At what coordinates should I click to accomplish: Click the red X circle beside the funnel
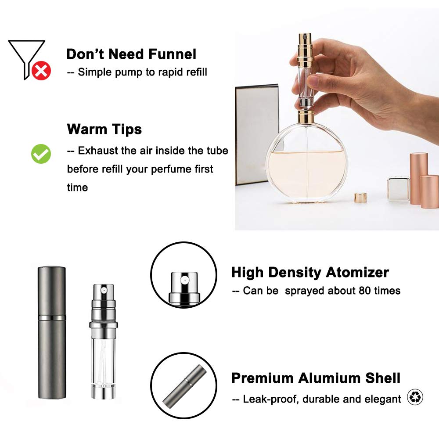pyautogui.click(x=41, y=71)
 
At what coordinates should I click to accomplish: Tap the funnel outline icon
pyautogui.click(x=25, y=55)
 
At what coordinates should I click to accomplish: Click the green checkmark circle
pyautogui.click(x=41, y=153)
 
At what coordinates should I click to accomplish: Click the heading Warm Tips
pyautogui.click(x=104, y=129)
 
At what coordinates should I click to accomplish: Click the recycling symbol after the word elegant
pyautogui.click(x=415, y=397)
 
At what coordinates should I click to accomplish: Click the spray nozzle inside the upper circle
pyautogui.click(x=184, y=285)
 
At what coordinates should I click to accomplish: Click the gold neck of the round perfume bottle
pyautogui.click(x=306, y=116)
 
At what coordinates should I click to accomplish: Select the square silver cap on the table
pyautogui.click(x=398, y=189)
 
